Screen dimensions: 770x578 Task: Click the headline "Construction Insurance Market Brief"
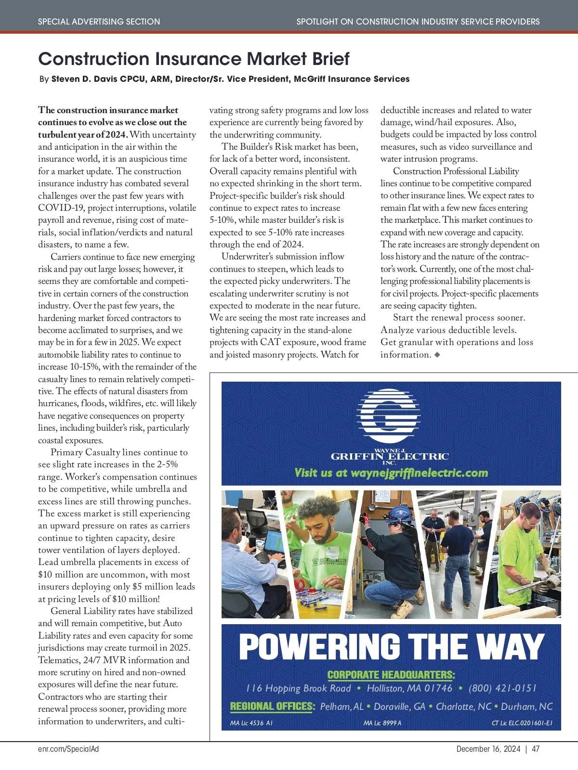(x=194, y=59)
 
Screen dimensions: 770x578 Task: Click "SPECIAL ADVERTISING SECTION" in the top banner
(x=99, y=22)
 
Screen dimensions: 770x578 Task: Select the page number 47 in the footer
(x=536, y=749)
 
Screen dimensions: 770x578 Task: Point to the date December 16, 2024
(x=488, y=749)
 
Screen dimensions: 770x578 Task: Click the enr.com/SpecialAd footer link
(x=68, y=749)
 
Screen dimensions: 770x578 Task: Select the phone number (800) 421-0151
(x=502, y=688)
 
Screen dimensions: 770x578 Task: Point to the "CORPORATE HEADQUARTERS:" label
(x=391, y=675)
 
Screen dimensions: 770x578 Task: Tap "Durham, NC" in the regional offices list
(x=526, y=706)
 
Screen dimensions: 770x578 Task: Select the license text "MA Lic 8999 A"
(x=382, y=723)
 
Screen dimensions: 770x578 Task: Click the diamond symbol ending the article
(x=437, y=355)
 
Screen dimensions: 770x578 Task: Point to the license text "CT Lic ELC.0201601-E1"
(x=522, y=723)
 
